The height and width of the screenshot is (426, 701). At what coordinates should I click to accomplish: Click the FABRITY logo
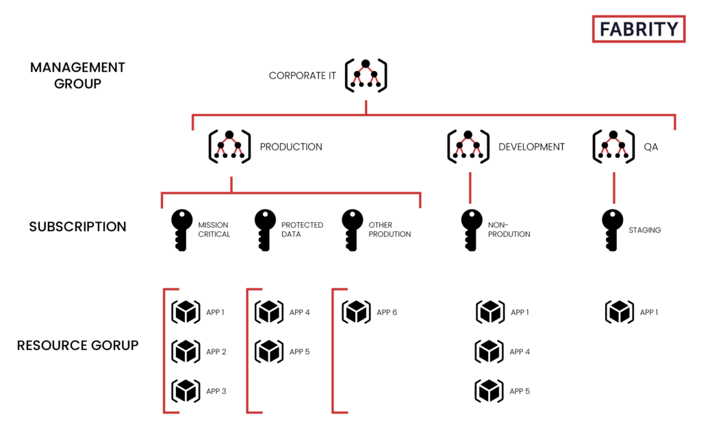tap(639, 29)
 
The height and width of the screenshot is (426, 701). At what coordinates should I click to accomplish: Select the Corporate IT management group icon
tap(366, 75)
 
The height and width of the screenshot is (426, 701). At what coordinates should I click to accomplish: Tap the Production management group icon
tap(229, 146)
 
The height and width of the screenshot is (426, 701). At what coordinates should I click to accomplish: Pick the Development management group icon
tap(468, 146)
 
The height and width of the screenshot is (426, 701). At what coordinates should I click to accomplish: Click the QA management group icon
tap(613, 146)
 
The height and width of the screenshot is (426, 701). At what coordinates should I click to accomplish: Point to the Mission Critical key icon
tap(181, 230)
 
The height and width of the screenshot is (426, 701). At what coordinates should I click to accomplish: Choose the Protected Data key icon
tap(265, 230)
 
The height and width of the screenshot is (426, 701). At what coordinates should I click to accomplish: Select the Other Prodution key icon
tap(352, 230)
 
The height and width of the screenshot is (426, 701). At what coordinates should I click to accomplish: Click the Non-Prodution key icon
tap(471, 230)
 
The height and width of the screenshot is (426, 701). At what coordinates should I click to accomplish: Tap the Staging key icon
tap(612, 230)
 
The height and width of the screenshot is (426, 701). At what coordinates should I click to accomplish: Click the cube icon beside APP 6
tap(356, 312)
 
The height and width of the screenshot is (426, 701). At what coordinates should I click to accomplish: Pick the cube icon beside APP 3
tap(186, 390)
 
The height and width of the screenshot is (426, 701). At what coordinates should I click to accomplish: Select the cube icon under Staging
tap(619, 312)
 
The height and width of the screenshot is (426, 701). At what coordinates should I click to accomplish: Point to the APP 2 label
tap(216, 352)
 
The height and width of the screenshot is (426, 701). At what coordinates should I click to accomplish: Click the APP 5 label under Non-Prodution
tap(520, 391)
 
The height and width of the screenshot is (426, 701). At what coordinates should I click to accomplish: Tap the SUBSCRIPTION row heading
tap(78, 227)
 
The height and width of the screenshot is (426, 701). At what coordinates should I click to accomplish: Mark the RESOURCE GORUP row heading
tap(78, 345)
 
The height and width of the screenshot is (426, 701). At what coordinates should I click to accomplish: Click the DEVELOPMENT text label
tap(531, 147)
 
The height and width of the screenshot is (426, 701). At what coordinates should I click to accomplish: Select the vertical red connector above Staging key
tap(614, 188)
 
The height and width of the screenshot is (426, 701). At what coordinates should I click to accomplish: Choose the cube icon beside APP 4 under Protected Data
tap(268, 312)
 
